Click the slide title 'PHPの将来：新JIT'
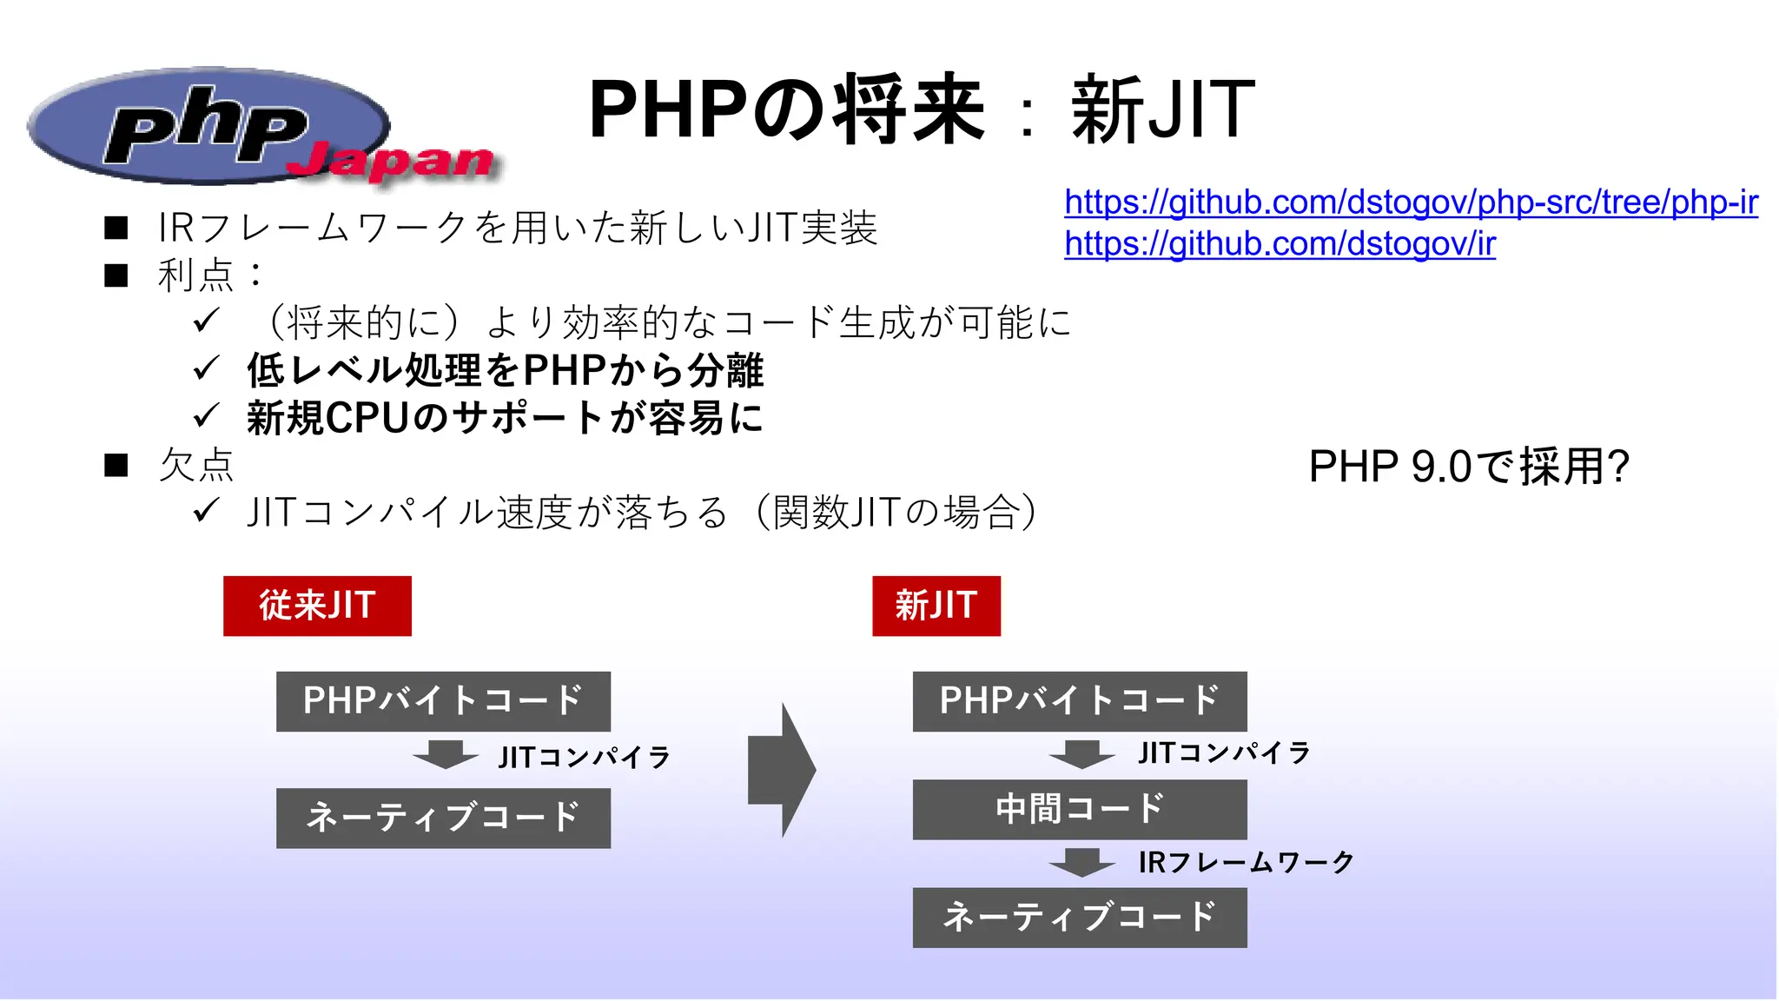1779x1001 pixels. (x=921, y=109)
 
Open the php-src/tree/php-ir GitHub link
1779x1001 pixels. (x=1411, y=202)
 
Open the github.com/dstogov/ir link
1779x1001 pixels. (x=1280, y=244)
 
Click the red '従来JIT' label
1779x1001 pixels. (x=317, y=606)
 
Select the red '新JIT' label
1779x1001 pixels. (x=936, y=606)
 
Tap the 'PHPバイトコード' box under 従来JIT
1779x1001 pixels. (x=443, y=701)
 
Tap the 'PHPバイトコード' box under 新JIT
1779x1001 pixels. (x=1079, y=701)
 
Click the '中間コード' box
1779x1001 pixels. (x=1079, y=809)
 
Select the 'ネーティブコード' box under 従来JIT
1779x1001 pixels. (x=443, y=818)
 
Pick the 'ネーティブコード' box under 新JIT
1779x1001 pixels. (x=1079, y=917)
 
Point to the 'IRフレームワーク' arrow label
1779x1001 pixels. (x=1246, y=862)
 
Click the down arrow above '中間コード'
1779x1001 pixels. (x=1081, y=753)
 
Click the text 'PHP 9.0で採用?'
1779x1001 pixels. (x=1468, y=467)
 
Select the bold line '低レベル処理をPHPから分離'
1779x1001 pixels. (x=505, y=370)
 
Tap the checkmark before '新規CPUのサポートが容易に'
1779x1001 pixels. (x=206, y=416)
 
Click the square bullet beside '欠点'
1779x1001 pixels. (x=116, y=466)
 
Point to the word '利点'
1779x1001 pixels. (x=196, y=275)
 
